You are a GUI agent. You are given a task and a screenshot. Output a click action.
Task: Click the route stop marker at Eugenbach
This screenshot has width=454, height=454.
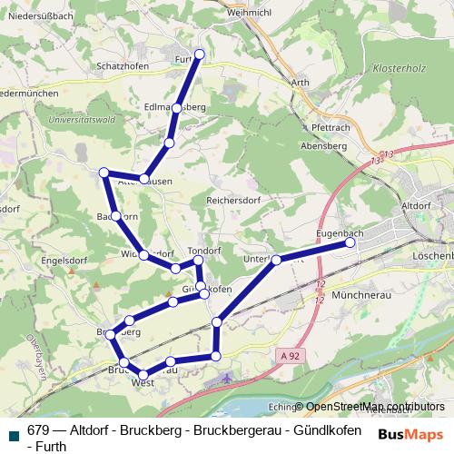(350, 243)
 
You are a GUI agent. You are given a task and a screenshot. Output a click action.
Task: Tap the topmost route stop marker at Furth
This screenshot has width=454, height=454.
(200, 54)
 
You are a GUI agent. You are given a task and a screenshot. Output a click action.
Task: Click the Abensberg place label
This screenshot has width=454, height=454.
(324, 145)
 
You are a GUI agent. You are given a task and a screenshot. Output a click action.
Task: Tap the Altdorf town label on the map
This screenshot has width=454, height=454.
(416, 206)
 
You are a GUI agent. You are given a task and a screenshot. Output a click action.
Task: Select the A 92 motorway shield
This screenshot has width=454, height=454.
(290, 357)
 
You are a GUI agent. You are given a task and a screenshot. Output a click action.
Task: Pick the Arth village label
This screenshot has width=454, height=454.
(300, 82)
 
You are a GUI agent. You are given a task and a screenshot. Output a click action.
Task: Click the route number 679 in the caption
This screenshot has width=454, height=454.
(39, 430)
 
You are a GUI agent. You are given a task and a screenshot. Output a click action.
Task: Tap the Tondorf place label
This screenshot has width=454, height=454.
(204, 250)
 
